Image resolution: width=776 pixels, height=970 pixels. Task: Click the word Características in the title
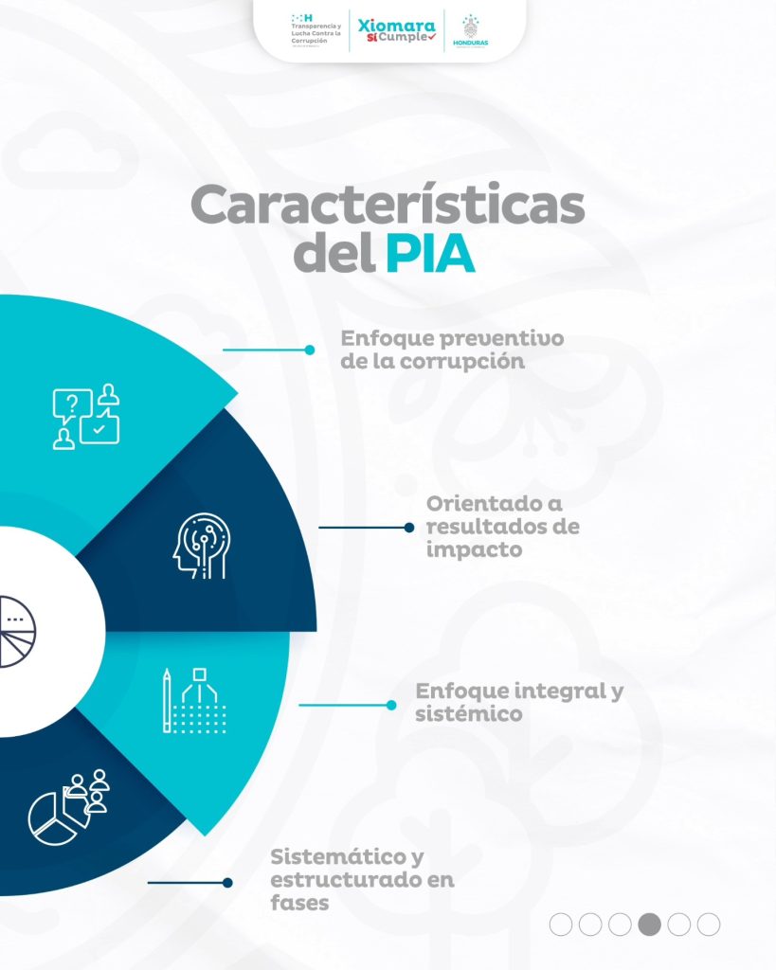(388, 206)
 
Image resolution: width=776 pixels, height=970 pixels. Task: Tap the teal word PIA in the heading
(430, 254)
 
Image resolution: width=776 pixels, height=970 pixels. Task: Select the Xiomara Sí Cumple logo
(398, 30)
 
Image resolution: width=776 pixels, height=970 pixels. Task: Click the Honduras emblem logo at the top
(471, 31)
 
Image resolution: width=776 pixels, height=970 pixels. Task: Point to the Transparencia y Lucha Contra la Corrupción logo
(312, 30)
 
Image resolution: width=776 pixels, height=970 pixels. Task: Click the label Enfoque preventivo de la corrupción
(452, 350)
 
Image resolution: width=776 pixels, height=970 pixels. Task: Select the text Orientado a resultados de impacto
(502, 527)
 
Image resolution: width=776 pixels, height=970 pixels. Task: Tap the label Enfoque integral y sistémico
(519, 702)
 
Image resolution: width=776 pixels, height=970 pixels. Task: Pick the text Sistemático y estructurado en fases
(362, 880)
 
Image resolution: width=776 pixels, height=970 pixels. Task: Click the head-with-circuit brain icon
(199, 548)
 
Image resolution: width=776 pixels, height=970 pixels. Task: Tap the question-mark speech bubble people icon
(86, 417)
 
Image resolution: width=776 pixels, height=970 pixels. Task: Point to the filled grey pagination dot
(650, 925)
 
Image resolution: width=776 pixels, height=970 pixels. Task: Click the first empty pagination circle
(561, 925)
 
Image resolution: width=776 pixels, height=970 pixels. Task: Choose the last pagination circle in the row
(709, 925)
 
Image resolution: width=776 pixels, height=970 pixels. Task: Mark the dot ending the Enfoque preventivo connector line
(309, 350)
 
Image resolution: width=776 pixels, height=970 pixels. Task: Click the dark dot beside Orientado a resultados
(409, 528)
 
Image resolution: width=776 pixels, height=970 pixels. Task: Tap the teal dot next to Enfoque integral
(390, 705)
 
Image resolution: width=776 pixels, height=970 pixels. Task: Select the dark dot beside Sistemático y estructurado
(227, 883)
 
